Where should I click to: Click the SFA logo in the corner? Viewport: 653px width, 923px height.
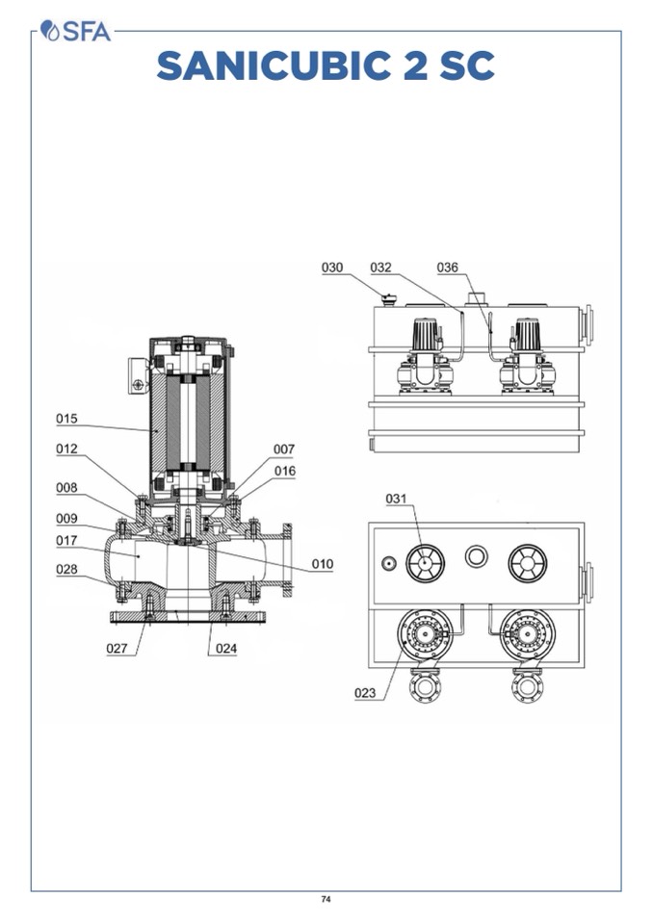tap(76, 32)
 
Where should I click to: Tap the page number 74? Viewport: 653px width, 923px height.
tap(326, 899)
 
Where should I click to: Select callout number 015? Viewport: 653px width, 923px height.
tap(66, 419)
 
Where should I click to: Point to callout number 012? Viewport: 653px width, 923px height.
tap(66, 449)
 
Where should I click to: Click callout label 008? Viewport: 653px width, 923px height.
tap(66, 488)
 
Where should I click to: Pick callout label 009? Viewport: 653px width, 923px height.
tap(66, 518)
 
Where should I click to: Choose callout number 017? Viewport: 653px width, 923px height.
tap(66, 540)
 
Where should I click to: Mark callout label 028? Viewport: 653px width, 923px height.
tap(66, 570)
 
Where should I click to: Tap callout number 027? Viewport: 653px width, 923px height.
tap(117, 648)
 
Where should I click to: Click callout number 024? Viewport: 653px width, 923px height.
tap(225, 648)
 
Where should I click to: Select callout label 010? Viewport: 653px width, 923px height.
tap(322, 563)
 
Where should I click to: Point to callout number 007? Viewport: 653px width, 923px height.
tap(283, 449)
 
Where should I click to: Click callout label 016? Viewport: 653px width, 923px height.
tap(285, 471)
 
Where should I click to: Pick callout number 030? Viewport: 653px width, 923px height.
tap(332, 268)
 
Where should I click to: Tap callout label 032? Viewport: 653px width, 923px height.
tap(380, 268)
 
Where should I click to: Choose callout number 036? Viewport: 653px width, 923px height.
tap(447, 268)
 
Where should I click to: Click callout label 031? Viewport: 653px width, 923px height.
tap(397, 499)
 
